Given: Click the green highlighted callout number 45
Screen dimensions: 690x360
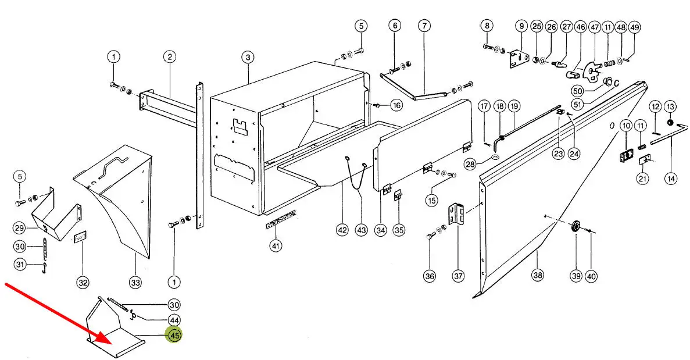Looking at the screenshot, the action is coord(174,336).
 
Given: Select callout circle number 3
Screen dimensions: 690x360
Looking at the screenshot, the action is coord(248,57).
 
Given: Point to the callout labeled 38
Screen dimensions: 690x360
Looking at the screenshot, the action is coord(538,275).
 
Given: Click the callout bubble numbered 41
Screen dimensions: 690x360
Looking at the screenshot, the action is coord(276,245).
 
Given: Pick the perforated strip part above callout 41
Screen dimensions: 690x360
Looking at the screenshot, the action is coord(280,220).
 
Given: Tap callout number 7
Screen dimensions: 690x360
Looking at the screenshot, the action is coord(424,26).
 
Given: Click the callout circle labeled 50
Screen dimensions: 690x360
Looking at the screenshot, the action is coord(578,91).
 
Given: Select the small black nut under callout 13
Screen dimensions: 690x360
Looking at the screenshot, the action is coord(671,122).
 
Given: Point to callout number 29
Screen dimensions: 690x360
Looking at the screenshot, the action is coord(19,228).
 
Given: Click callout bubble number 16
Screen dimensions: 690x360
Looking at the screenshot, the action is coord(396,105).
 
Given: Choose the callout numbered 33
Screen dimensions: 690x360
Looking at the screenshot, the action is coord(135,282).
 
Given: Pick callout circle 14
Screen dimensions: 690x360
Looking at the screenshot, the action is coord(671,179).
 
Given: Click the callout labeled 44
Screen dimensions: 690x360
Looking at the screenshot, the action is coord(174,320).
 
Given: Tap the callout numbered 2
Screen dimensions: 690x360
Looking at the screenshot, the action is coord(170,57).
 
